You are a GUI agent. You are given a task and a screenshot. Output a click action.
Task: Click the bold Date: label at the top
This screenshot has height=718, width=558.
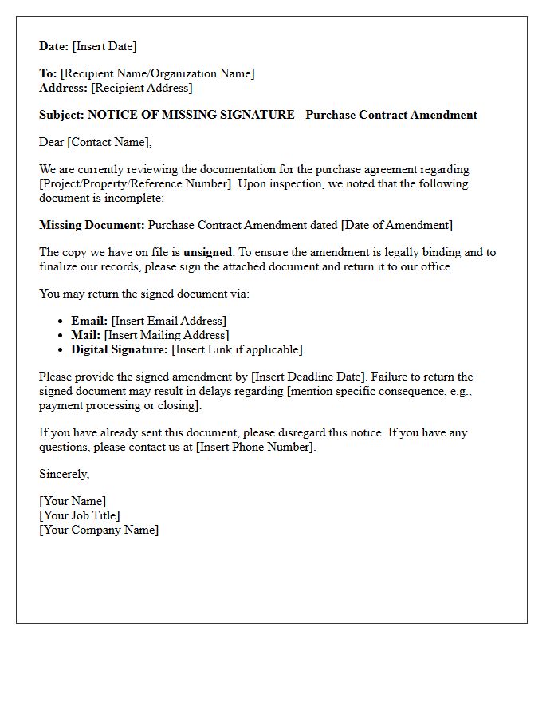tap(54, 46)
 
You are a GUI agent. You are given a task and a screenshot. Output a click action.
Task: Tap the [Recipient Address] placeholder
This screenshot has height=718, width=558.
tap(142, 88)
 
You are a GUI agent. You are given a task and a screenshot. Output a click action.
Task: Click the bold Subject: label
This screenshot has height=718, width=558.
tap(61, 115)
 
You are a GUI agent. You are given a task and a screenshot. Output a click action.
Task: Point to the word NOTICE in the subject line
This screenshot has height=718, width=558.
tap(111, 115)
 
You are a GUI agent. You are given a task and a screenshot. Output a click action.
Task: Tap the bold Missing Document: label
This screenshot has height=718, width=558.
tap(92, 225)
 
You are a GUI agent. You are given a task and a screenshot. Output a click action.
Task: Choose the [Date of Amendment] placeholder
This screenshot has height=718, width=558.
tap(396, 225)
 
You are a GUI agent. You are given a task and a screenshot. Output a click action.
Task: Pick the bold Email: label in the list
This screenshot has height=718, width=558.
tap(89, 321)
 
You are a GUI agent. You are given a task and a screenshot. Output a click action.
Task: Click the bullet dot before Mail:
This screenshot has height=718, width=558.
tap(61, 336)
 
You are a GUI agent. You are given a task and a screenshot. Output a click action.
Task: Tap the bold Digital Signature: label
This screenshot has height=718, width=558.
tap(120, 349)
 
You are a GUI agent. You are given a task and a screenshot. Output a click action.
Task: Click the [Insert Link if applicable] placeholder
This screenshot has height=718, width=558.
tap(237, 349)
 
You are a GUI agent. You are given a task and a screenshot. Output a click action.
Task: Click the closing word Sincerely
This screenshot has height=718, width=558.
tap(64, 474)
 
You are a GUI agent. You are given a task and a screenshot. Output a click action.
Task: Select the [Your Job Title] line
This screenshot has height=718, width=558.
tap(80, 515)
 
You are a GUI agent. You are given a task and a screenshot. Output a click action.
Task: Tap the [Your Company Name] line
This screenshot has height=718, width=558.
tap(99, 530)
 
